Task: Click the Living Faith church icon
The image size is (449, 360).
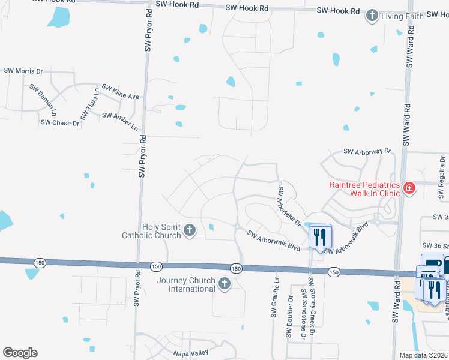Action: tap(373, 16)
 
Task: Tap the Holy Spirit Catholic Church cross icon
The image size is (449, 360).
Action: tap(190, 230)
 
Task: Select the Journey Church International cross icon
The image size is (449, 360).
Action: tap(224, 284)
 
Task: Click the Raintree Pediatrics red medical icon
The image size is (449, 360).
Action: tap(409, 189)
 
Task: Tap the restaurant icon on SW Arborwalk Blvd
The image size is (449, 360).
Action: tap(319, 236)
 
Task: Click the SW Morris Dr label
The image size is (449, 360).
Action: tap(23, 71)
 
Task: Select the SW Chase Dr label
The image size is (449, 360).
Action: tap(60, 123)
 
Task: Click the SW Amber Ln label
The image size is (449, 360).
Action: tap(120, 121)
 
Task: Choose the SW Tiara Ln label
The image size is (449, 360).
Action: tap(89, 103)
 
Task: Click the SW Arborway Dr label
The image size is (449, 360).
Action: tap(367, 152)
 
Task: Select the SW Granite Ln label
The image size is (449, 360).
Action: tap(276, 296)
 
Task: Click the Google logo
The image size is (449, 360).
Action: tap(20, 353)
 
